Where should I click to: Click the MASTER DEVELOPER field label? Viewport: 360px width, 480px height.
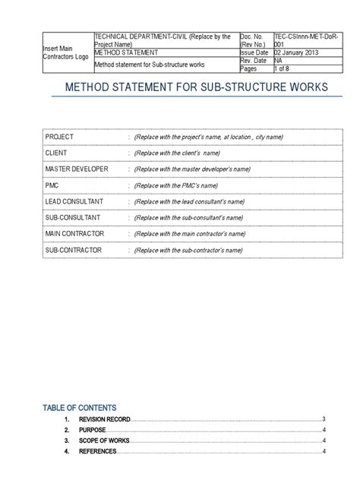[76, 168]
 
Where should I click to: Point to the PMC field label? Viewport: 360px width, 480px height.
[53, 185]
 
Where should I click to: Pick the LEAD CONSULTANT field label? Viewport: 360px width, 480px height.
[74, 201]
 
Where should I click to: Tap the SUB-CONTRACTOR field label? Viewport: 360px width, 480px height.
[74, 248]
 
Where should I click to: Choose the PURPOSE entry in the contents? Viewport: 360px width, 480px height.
[92, 430]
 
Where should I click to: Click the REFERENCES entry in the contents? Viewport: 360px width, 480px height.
[97, 451]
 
